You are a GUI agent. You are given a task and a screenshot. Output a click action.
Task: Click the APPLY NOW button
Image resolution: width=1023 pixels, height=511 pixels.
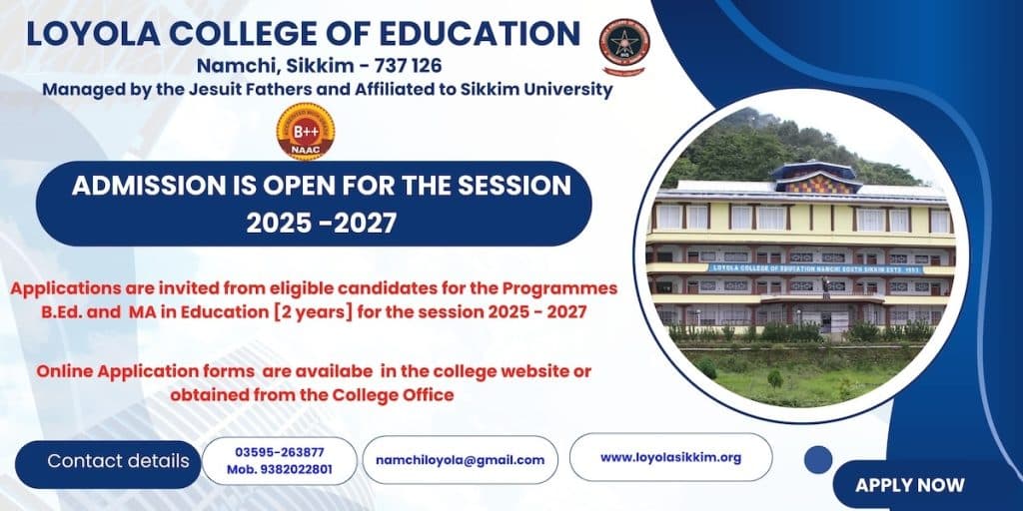pos(909,485)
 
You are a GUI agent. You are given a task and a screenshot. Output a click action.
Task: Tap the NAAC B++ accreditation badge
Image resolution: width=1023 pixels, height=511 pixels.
pos(306,132)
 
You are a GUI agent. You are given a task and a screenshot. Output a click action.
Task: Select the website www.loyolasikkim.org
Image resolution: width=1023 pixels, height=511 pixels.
pos(670,457)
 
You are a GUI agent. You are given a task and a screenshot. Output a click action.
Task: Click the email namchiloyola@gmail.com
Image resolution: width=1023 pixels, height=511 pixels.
pos(460,460)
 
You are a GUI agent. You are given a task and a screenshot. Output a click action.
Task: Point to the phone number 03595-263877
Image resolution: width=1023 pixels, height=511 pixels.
pos(280,452)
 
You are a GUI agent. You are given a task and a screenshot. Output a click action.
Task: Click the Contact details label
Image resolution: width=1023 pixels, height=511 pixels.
pos(118,461)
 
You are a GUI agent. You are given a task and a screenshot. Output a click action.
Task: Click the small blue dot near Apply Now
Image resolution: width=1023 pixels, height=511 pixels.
pos(818,459)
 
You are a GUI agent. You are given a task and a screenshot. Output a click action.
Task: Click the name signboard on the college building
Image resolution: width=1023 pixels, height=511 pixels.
pos(814,268)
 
